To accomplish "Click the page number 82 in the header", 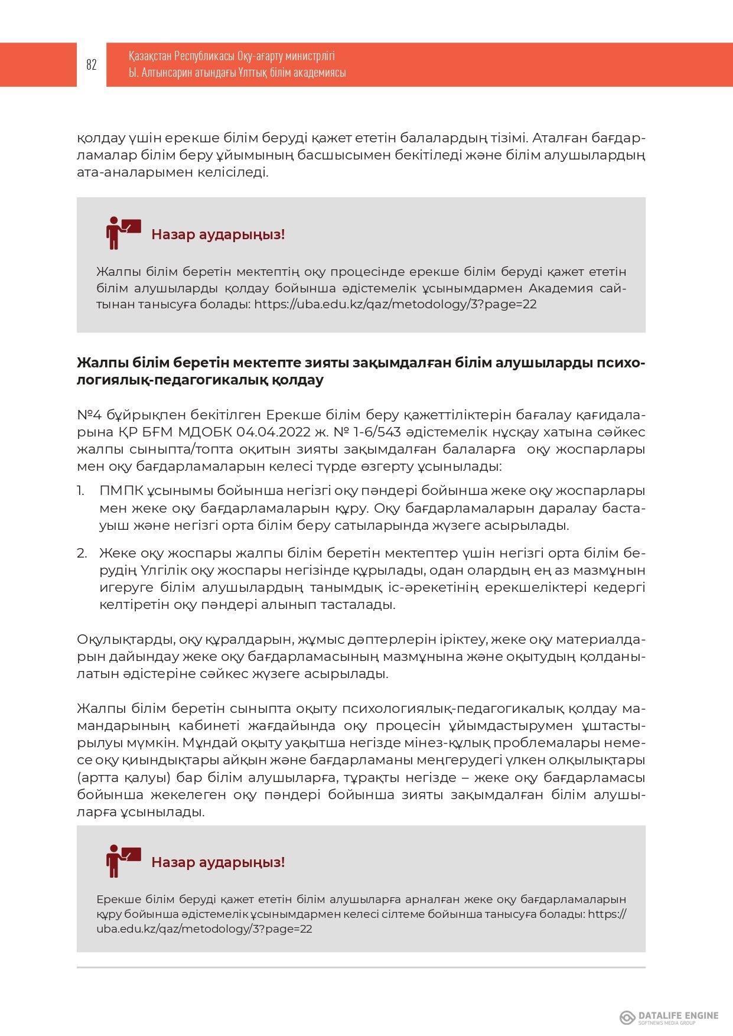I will [92, 65].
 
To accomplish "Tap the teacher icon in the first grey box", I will [122, 233].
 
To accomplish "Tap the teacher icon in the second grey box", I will [122, 861].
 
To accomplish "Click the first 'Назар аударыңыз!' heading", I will [218, 234].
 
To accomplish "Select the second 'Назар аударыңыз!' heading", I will [218, 862].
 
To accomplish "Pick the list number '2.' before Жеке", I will [82, 553].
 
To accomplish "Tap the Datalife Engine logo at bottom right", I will [669, 1017].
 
